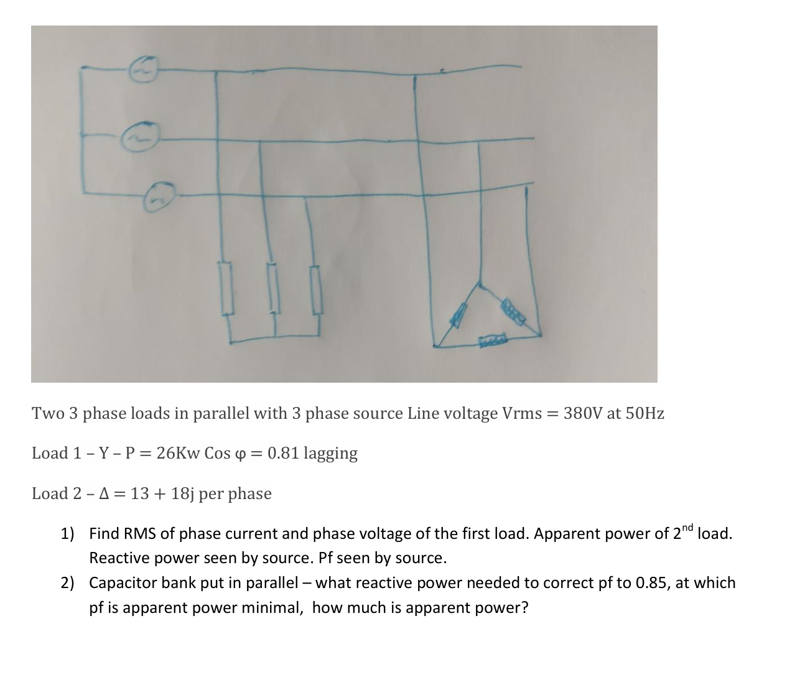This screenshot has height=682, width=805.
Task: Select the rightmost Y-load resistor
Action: tap(317, 289)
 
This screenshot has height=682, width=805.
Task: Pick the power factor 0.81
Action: tap(283, 453)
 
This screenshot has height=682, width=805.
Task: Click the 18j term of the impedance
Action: tap(182, 493)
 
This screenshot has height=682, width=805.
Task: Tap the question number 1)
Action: tap(67, 534)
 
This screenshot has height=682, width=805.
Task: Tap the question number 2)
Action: tap(67, 583)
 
